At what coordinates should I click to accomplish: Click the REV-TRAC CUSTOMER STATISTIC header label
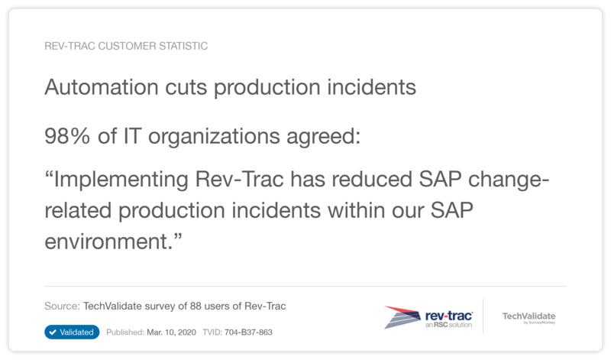pos(126,46)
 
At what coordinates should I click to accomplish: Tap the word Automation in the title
pos(102,86)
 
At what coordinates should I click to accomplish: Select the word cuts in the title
pos(186,87)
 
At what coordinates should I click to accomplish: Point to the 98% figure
pos(67,136)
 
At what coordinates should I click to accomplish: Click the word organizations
pos(214,137)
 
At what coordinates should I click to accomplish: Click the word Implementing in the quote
pos(121,180)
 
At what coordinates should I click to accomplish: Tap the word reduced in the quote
pos(372,180)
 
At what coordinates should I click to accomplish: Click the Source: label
pos(62,306)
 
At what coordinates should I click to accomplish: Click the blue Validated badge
pos(72,332)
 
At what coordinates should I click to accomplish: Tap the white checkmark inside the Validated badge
pos(53,332)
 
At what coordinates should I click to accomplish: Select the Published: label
pos(125,332)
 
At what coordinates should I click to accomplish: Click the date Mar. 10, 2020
pos(171,332)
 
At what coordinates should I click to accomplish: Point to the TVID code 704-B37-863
pos(248,332)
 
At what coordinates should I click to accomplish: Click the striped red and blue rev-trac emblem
pos(402,316)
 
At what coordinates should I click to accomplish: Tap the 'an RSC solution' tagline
pos(448,325)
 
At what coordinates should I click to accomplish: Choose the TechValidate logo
pos(529,317)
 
